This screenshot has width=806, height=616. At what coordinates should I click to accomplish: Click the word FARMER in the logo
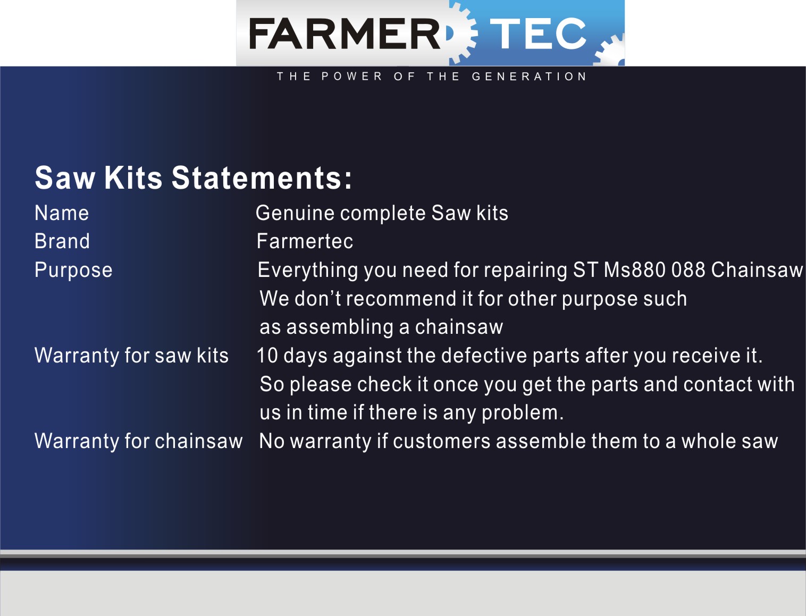coord(345,33)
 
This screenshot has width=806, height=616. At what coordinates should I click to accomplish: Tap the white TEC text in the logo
coord(538,33)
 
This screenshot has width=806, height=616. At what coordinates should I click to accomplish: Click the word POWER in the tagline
coord(352,77)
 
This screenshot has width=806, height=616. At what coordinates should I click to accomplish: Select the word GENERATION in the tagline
coord(529,77)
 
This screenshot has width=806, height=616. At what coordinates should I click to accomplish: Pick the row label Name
coord(62,213)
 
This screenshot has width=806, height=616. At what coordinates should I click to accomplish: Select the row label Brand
coord(62,241)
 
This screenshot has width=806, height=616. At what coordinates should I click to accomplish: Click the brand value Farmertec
coord(305,241)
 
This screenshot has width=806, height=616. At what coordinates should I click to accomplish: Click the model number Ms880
coord(634,270)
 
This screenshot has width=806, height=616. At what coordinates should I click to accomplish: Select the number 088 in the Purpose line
coord(688,270)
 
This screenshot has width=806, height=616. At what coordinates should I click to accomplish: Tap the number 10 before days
coord(267,356)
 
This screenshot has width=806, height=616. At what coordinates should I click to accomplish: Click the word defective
coord(484,356)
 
